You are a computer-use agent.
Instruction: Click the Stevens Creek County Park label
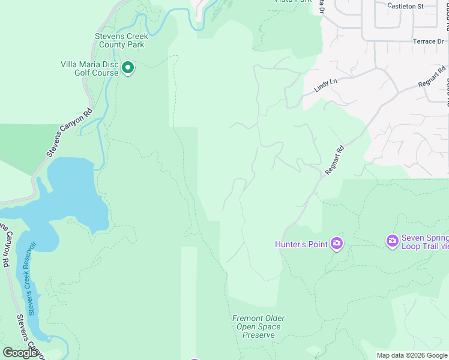[x=121, y=40]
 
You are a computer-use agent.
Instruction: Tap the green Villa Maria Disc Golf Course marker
[x=128, y=68]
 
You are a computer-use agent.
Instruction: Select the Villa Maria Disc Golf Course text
[x=89, y=68]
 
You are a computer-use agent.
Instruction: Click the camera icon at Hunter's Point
[x=336, y=244]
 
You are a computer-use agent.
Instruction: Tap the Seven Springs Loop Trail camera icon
[x=393, y=241]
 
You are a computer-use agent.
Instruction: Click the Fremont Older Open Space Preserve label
[x=259, y=326]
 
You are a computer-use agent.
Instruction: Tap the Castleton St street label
[x=405, y=6]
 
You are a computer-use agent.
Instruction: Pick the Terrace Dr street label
[x=427, y=41]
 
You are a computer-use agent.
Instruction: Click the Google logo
[x=20, y=352]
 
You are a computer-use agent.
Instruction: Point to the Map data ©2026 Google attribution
[x=412, y=355]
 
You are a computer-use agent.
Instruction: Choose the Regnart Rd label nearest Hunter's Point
[x=334, y=161]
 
